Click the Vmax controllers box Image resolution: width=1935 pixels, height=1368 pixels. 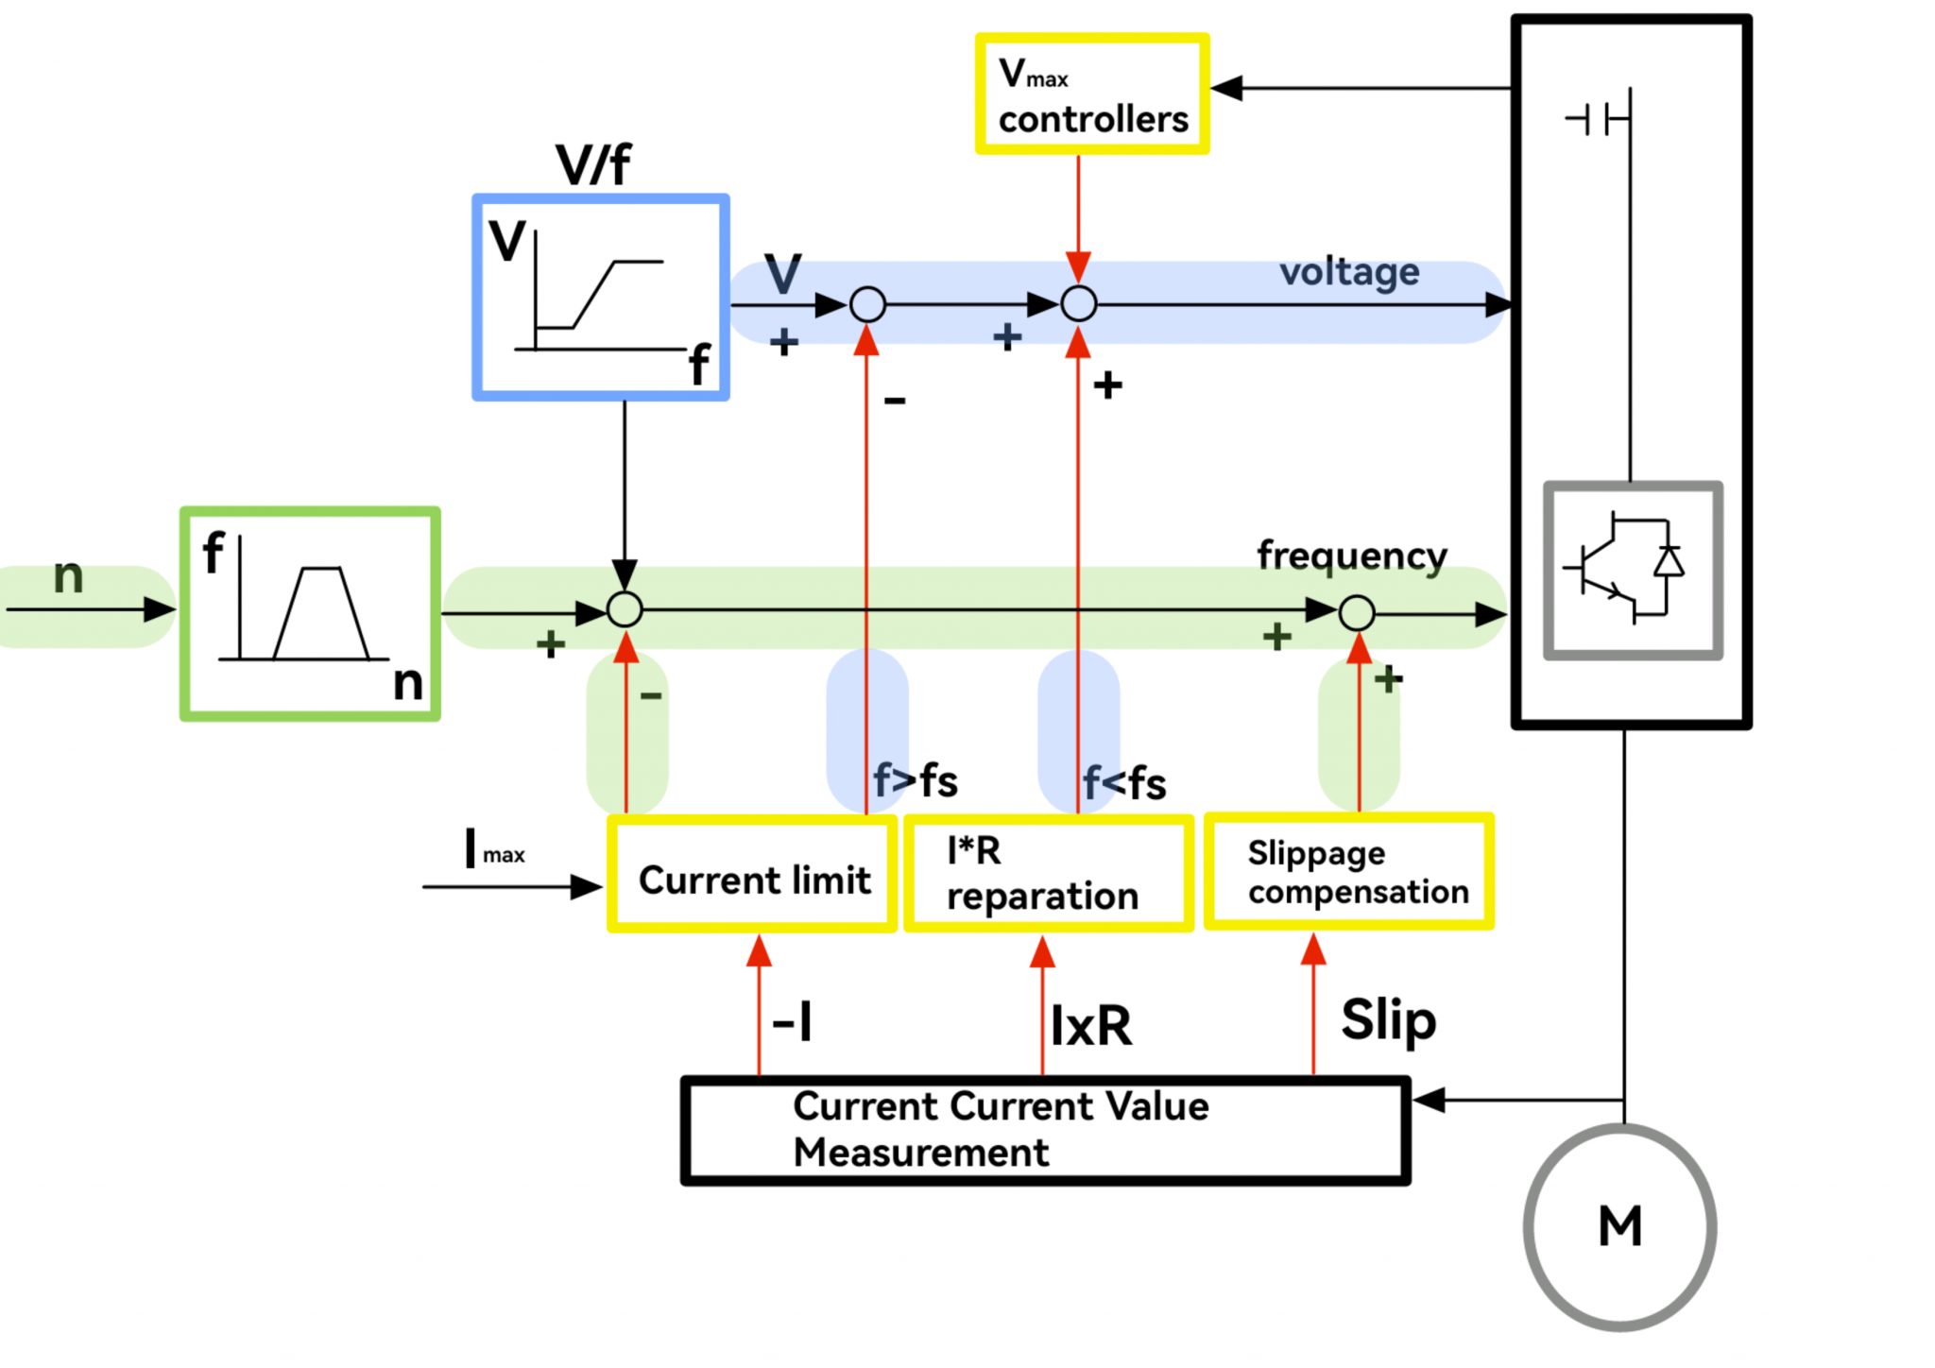click(1091, 94)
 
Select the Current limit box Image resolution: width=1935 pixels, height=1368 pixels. click(752, 875)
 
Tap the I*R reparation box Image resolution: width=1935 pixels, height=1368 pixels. click(1048, 875)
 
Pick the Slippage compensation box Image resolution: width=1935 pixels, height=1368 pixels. click(1348, 872)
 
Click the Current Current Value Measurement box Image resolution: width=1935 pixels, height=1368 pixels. click(1045, 1130)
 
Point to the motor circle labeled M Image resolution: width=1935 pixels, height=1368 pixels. click(1619, 1226)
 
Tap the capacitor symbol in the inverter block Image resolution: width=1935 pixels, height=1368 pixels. click(1597, 120)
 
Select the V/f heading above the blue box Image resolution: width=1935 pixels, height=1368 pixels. click(592, 165)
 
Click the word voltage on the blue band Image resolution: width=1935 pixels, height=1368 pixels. click(1348, 272)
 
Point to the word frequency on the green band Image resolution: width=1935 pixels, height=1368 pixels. click(1351, 556)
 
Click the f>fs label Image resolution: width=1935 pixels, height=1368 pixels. click(916, 781)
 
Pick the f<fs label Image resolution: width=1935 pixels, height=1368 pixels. click(1124, 783)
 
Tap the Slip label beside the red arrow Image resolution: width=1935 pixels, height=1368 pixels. click(1388, 1020)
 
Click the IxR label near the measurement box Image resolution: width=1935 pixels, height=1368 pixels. click(1091, 1026)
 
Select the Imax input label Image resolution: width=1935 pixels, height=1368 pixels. click(494, 849)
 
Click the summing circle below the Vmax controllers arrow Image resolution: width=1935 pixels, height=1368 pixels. click(1078, 304)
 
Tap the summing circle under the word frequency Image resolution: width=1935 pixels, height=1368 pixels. click(1357, 613)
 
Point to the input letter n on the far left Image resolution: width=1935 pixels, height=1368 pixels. click(68, 575)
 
